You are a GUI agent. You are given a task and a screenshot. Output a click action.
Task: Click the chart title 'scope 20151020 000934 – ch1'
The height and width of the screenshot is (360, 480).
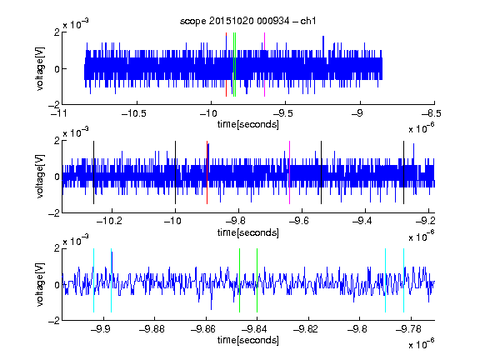[x=247, y=21]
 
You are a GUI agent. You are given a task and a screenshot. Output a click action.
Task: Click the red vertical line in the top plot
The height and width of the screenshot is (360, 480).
[x=226, y=65]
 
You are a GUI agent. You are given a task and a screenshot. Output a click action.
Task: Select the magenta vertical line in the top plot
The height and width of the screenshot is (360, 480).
[x=264, y=65]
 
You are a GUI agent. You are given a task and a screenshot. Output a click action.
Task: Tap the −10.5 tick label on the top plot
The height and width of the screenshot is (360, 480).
[x=134, y=114]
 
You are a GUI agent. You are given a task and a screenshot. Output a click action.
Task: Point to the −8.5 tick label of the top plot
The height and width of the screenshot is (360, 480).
[x=431, y=114]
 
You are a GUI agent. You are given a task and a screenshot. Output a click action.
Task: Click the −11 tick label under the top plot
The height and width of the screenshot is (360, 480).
[x=58, y=114]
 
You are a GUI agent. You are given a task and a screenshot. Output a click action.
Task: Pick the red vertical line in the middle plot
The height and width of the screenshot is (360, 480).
[x=207, y=172]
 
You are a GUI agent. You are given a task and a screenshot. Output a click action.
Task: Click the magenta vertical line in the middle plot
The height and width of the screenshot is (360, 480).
[x=290, y=172]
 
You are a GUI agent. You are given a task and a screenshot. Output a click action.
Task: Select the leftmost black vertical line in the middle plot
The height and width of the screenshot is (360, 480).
[x=93, y=172]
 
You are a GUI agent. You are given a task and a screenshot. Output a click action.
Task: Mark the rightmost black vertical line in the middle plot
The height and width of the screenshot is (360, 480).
[x=404, y=172]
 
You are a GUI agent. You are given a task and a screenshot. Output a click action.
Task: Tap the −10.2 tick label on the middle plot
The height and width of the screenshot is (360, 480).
[x=109, y=221]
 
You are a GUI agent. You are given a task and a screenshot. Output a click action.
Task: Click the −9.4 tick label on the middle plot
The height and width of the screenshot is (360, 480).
[x=362, y=221]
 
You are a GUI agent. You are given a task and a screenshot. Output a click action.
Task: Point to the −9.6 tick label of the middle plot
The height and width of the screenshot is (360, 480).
[x=298, y=221]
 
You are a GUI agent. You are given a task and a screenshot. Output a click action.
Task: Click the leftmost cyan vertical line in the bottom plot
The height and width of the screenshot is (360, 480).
[x=93, y=280]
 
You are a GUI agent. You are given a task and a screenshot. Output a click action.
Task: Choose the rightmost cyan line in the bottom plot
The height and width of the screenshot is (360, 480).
[x=404, y=280]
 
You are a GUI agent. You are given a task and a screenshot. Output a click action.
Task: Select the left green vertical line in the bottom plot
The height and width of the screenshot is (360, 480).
[x=239, y=280]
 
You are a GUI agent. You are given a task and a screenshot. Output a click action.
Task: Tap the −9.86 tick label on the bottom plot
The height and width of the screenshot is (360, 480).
[x=203, y=329]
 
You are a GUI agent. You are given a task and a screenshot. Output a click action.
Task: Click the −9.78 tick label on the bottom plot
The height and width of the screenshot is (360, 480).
[x=408, y=329]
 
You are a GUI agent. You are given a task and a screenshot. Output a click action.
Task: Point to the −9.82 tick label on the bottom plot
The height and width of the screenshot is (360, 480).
[x=306, y=329]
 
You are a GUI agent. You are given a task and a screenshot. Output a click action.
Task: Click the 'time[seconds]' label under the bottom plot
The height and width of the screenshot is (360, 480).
[x=248, y=340]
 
